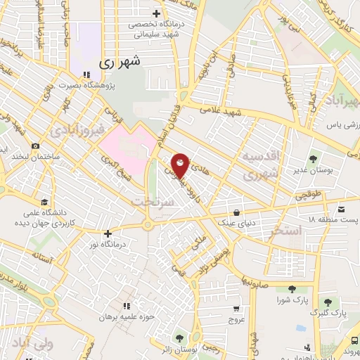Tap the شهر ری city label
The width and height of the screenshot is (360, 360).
121,63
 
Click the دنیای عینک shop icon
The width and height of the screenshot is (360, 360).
236,210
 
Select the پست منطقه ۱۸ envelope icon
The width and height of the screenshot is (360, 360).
341,210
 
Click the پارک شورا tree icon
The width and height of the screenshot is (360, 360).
291,289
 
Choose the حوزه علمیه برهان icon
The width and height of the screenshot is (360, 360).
127,305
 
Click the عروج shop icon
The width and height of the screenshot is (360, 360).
237,307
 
